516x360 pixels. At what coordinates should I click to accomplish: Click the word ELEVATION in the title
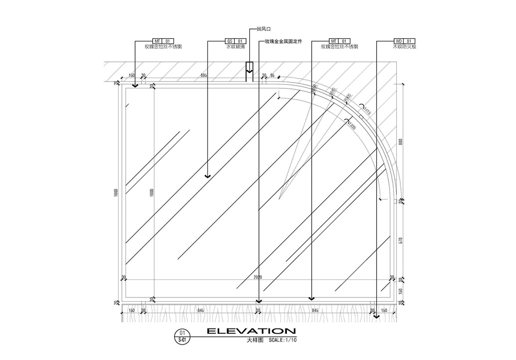point(251,331)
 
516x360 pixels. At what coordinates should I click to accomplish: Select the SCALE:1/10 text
point(283,340)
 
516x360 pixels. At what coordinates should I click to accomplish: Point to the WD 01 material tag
point(404,40)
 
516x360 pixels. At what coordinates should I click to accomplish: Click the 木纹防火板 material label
point(404,46)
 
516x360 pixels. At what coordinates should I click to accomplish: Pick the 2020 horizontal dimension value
point(258,277)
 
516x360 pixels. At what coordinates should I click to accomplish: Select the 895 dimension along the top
point(204,76)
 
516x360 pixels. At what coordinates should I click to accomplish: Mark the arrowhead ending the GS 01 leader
point(207,176)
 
